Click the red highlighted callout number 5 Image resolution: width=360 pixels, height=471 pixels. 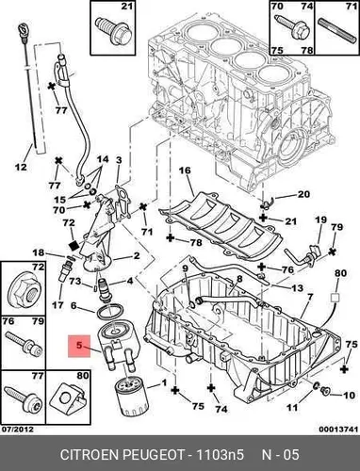[79, 346]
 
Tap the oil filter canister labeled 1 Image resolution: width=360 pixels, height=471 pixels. [131, 398]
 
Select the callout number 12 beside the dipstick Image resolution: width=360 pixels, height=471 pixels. [21, 167]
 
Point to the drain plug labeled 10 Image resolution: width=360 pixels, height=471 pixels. [324, 391]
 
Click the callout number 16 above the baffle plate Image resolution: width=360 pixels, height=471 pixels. [185, 171]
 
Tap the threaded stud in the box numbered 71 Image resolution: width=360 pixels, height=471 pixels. [335, 29]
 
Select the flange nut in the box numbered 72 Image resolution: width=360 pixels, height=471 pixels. [24, 294]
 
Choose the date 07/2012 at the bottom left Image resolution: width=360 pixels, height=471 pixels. [18, 429]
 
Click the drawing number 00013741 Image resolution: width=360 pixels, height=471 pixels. [338, 429]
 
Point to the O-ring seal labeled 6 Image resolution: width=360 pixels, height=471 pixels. [110, 312]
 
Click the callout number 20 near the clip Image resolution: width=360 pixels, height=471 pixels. [303, 194]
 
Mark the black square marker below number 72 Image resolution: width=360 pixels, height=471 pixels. [74, 245]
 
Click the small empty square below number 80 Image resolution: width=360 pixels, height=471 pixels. [335, 298]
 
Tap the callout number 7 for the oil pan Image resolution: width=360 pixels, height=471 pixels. [310, 296]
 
